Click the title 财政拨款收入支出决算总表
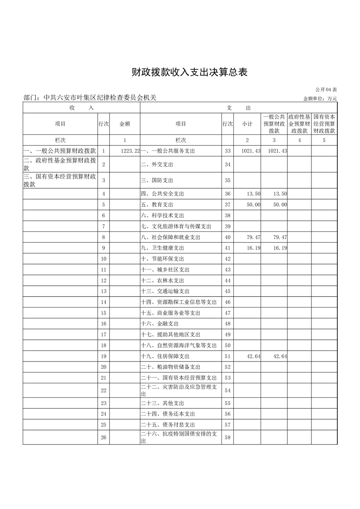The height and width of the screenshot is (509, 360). [x=189, y=72]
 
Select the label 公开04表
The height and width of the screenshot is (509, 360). [x=325, y=91]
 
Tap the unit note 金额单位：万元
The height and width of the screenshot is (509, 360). [x=320, y=98]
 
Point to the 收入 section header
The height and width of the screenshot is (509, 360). [x=81, y=108]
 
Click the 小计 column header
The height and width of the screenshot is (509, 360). [x=247, y=124]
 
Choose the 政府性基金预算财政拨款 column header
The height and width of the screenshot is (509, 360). [x=299, y=124]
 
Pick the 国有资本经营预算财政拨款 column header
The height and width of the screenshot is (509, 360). [x=324, y=124]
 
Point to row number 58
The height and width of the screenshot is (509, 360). [x=227, y=437]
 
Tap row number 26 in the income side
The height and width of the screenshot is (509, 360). [x=104, y=437]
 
